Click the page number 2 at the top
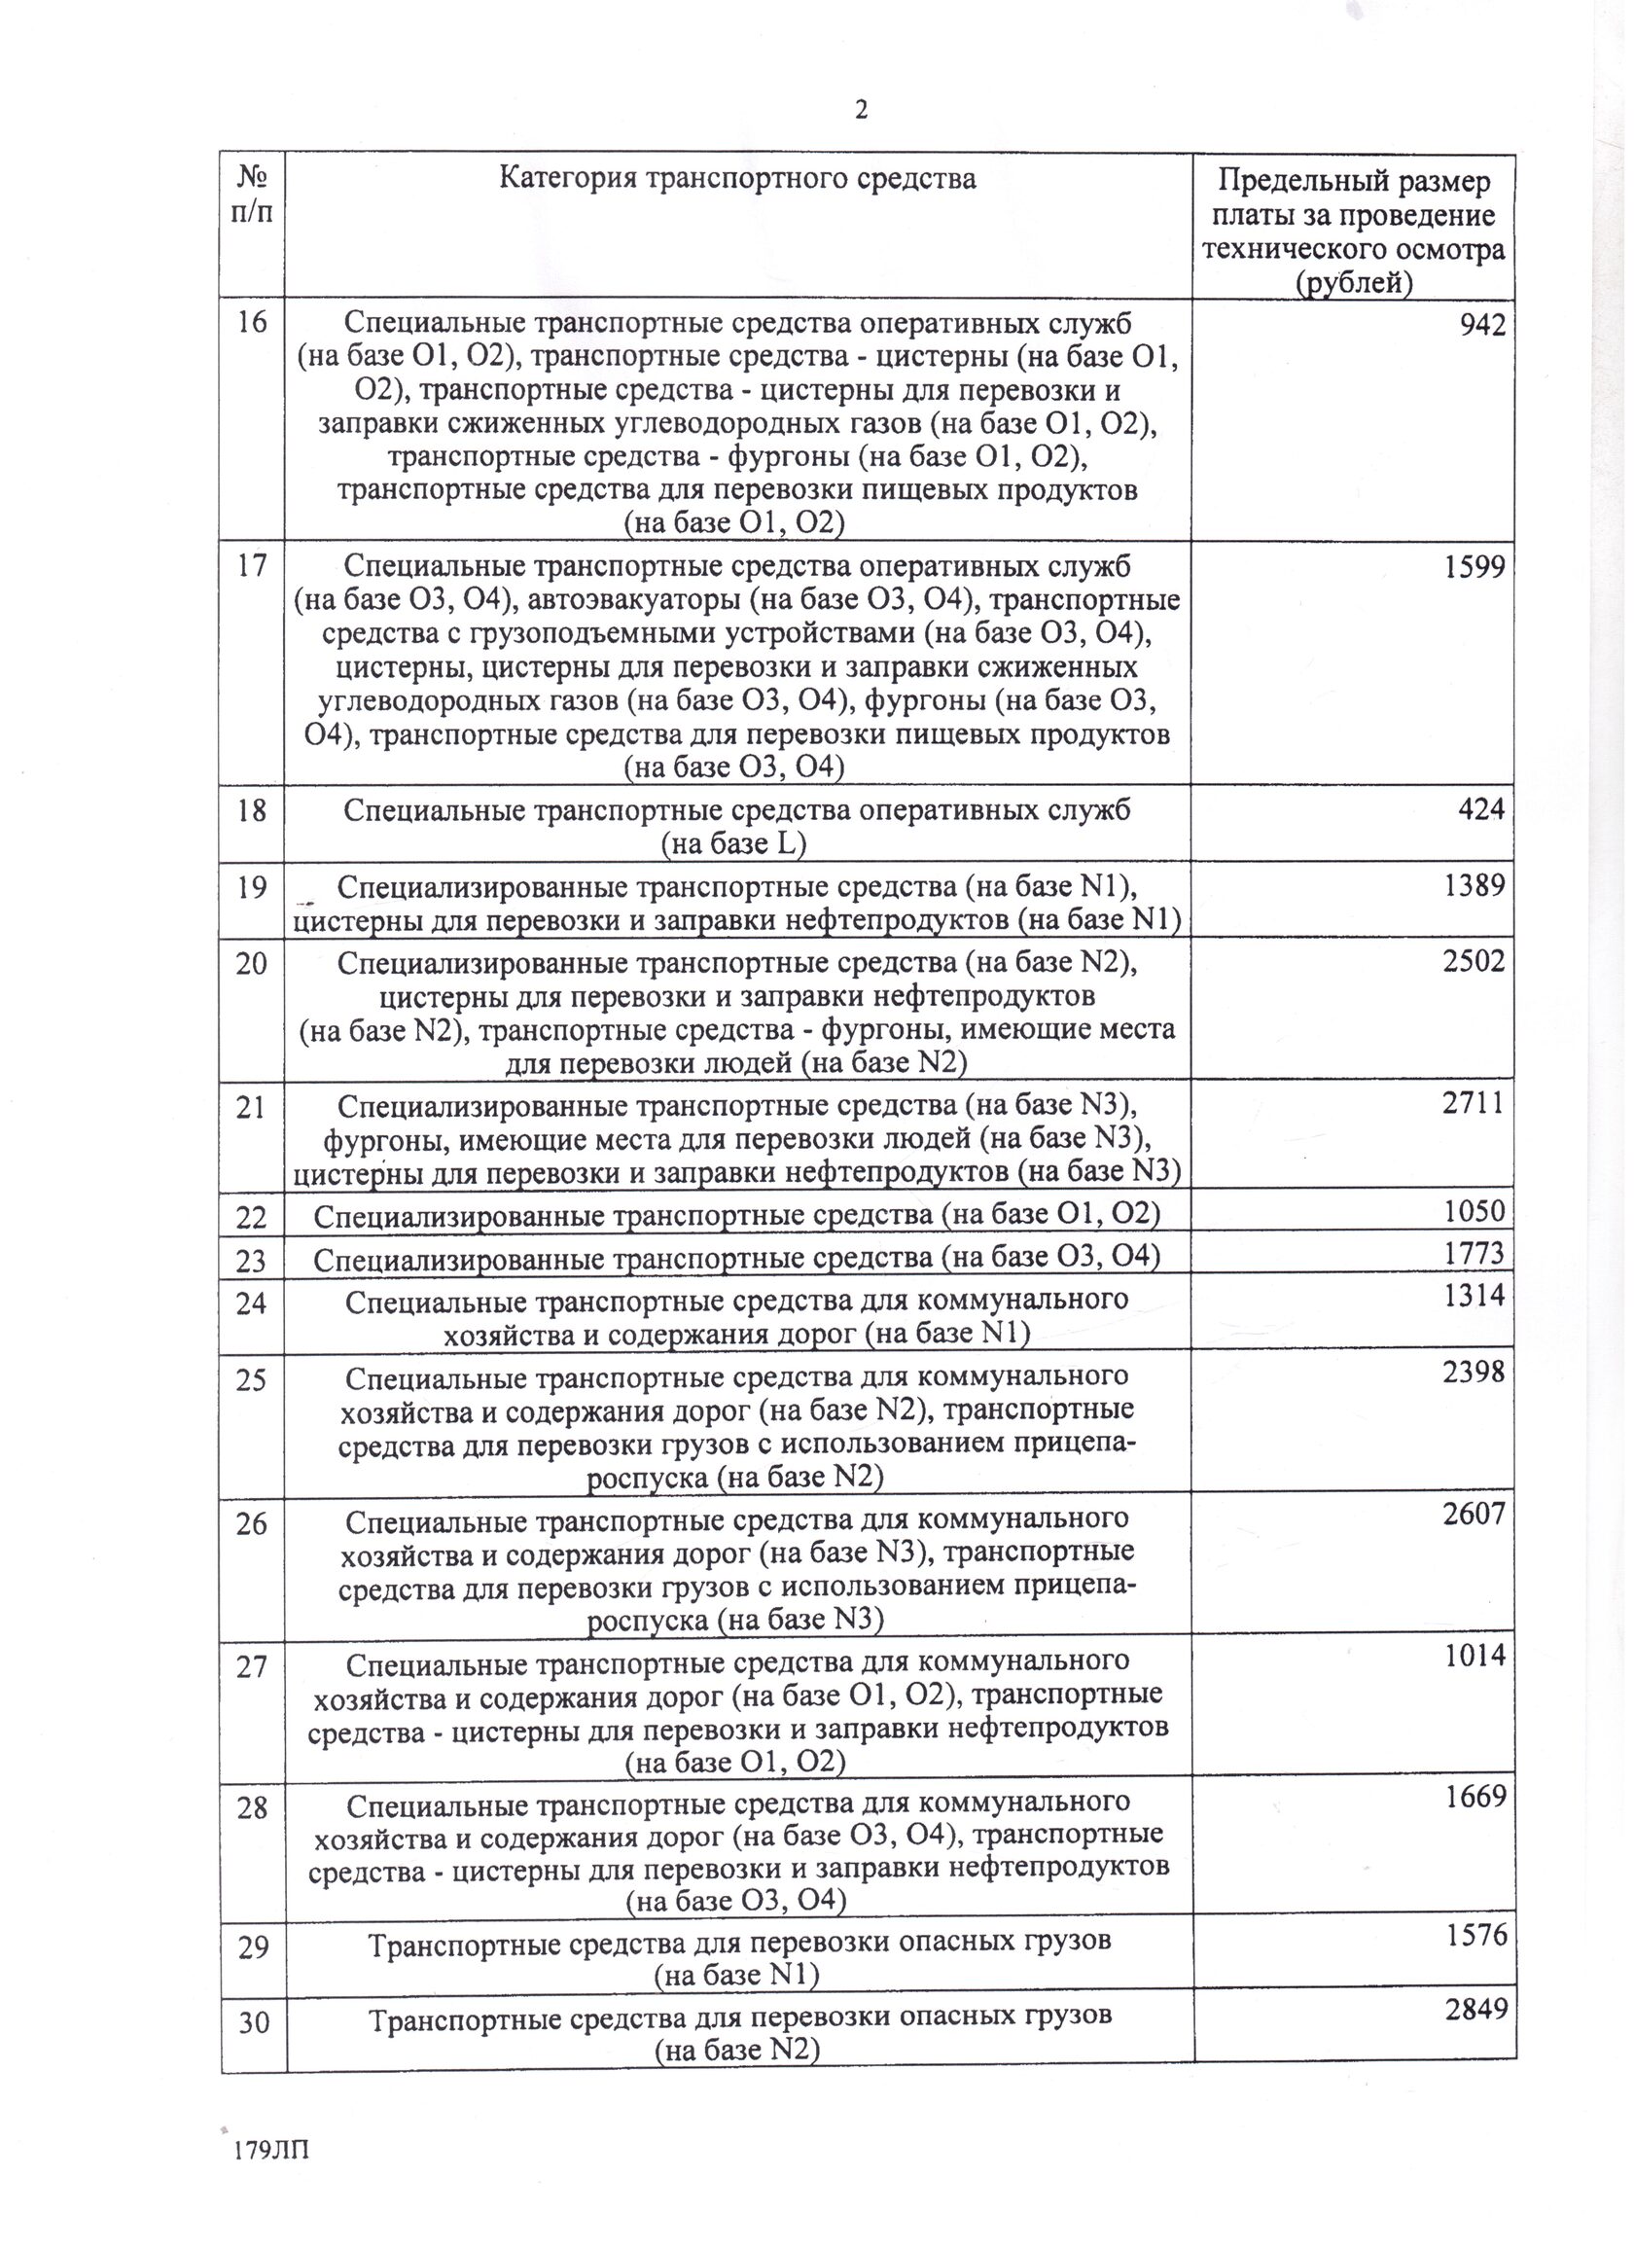(861, 110)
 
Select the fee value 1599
(1474, 567)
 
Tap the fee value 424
(1481, 809)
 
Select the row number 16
(252, 322)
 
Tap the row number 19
(252, 886)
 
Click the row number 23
(252, 1262)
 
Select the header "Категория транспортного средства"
(736, 178)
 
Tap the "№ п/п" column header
(252, 196)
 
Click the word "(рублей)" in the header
(1354, 284)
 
